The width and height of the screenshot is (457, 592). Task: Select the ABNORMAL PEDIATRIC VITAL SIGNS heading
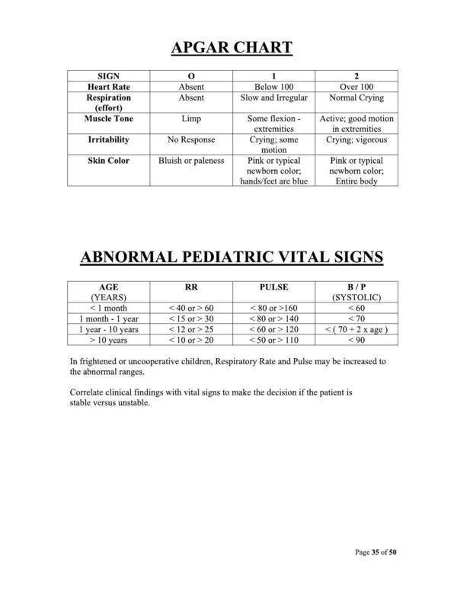pos(232,257)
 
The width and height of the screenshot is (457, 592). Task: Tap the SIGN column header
pos(108,76)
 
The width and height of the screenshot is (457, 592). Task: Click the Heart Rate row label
pos(108,88)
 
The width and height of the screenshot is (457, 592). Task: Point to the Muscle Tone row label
pos(108,120)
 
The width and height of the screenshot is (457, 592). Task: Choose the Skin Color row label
pos(108,161)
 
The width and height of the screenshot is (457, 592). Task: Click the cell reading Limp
pos(191,120)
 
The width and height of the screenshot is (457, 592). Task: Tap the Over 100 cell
pos(356,88)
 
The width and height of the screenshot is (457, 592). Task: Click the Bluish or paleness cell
pos(191,161)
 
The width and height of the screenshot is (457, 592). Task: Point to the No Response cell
pos(191,140)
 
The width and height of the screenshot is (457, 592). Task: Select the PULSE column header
pos(273,286)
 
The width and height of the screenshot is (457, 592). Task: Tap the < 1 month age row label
pos(110,308)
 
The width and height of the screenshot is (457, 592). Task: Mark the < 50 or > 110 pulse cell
pos(273,340)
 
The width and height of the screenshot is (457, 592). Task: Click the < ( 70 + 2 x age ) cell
pos(356,329)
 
